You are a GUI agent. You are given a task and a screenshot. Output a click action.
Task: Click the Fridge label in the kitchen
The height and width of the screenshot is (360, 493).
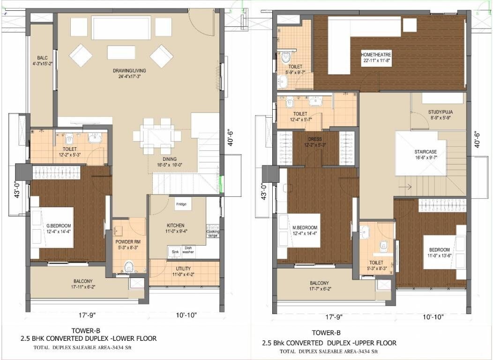181,204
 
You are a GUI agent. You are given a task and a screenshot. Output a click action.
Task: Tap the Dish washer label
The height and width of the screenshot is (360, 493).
188,250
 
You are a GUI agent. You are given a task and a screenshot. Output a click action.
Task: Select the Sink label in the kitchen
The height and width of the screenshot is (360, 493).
175,252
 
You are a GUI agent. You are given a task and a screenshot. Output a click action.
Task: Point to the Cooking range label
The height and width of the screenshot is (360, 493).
212,233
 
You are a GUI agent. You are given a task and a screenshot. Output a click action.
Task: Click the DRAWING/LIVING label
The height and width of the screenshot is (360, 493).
129,71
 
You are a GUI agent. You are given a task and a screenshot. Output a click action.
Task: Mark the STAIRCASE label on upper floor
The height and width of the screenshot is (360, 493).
413,152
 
